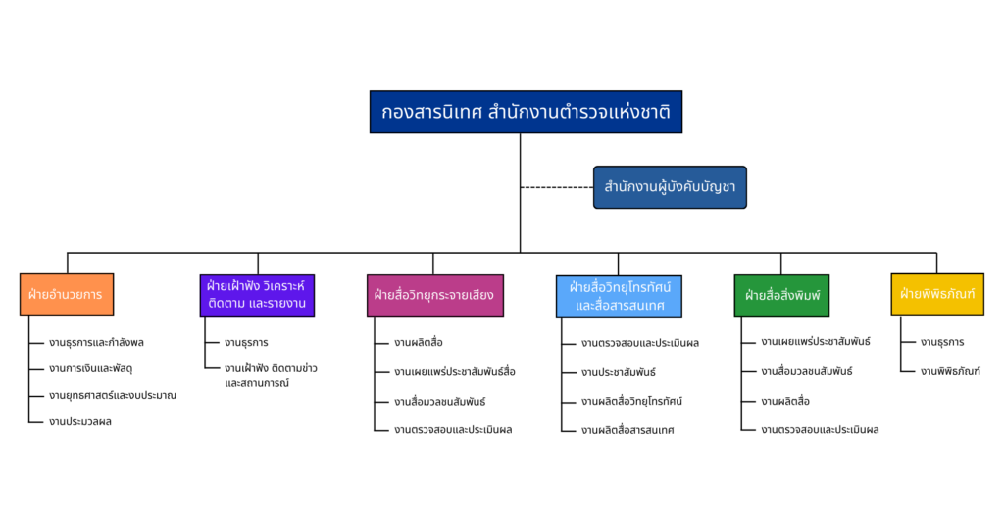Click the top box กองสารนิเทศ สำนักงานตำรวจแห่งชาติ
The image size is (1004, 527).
click(526, 112)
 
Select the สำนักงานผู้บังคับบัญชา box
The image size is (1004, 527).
click(670, 186)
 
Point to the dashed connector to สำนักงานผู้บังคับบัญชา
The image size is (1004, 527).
click(556, 186)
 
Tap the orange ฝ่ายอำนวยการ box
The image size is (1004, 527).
click(67, 294)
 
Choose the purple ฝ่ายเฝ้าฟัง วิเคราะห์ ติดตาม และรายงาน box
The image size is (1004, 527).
click(257, 295)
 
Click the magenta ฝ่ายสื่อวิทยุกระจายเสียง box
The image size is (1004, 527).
click(435, 295)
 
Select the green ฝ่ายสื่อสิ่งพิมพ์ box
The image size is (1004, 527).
click(781, 295)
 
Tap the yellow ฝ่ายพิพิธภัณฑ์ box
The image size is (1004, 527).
click(937, 294)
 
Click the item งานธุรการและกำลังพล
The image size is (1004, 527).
click(96, 343)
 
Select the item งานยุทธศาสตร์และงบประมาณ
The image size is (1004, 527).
click(112, 395)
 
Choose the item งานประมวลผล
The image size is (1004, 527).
click(80, 421)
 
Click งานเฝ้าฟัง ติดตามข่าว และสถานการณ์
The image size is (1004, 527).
click(270, 375)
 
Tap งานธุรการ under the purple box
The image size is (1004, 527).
click(246, 343)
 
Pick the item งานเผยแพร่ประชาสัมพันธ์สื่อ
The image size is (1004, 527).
click(454, 372)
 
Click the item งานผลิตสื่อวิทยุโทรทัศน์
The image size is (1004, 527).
click(631, 401)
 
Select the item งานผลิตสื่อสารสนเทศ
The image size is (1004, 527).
click(627, 429)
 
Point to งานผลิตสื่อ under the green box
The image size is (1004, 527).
click(785, 401)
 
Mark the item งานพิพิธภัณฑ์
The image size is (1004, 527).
click(950, 371)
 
